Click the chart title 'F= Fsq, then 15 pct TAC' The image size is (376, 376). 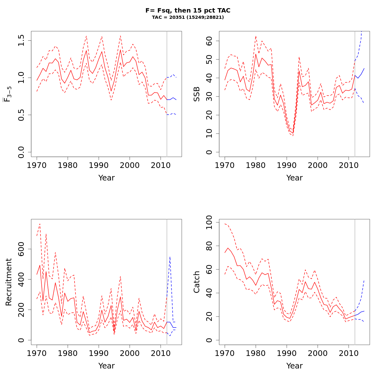(188, 10)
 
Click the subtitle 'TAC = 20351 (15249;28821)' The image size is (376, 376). (188, 17)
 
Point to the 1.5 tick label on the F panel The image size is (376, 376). (22, 40)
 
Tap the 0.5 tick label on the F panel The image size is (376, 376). (22, 115)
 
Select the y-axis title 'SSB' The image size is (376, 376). (197, 94)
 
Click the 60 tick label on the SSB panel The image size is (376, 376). (210, 41)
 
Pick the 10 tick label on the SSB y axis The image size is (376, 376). (210, 134)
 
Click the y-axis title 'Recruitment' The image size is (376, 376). (9, 282)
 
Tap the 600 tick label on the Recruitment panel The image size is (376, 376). (22, 249)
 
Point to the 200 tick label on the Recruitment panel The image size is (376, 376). (22, 310)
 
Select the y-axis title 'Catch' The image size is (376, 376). (197, 282)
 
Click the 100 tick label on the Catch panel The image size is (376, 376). (210, 222)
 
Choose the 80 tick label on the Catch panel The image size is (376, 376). (210, 246)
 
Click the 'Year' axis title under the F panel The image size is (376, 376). (107, 178)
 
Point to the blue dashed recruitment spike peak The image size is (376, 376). (170, 257)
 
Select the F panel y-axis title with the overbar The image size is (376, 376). (9, 94)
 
